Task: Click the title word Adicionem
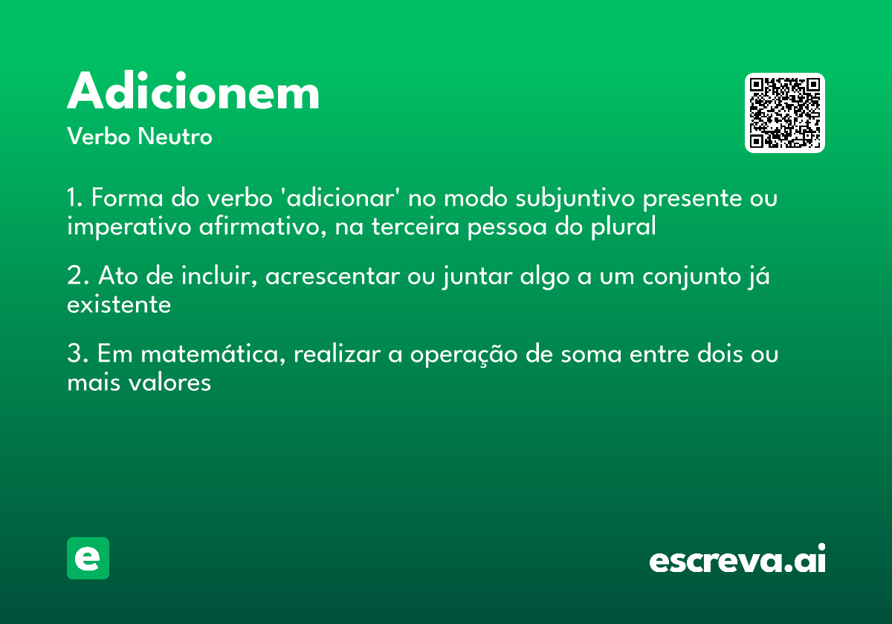(193, 93)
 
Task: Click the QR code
(785, 113)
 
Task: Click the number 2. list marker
(77, 277)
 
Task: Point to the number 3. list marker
(77, 354)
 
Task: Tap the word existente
(119, 305)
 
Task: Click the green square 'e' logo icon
(88, 558)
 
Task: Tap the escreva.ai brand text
(737, 560)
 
